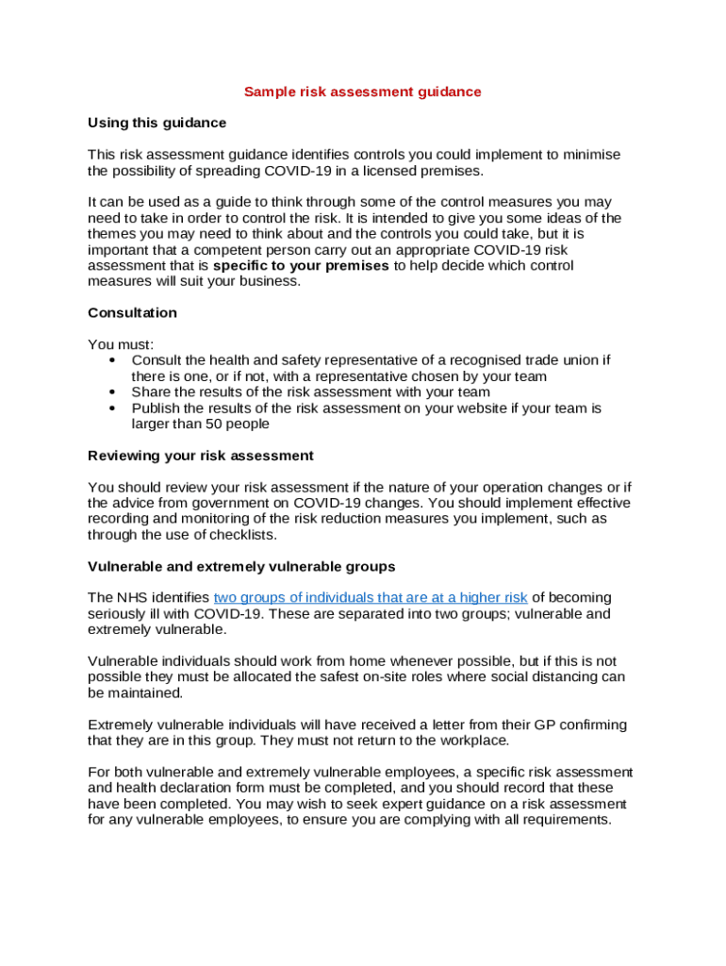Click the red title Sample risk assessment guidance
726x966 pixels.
click(362, 92)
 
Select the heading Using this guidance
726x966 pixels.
click(157, 123)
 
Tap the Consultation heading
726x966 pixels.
click(132, 312)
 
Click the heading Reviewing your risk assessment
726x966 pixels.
click(200, 456)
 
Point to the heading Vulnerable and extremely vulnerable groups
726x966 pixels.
click(240, 567)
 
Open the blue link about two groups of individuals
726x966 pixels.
click(371, 598)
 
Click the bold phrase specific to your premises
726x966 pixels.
click(301, 266)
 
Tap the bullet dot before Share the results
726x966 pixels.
click(113, 392)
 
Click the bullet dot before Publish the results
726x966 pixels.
click(113, 408)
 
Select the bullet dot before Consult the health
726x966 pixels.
click(113, 360)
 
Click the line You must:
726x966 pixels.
click(120, 344)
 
